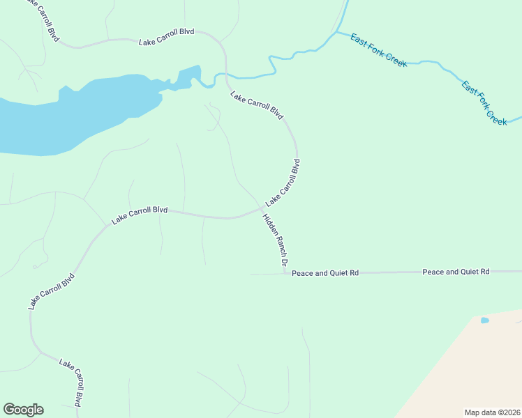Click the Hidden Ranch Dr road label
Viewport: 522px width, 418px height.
coord(275,240)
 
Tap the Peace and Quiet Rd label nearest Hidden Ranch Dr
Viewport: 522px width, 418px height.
coord(325,273)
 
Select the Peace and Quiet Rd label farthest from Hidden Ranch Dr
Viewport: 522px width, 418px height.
coord(456,271)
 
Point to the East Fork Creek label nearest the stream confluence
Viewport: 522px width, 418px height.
coord(378,50)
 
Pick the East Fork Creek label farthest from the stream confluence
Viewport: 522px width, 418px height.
coord(484,102)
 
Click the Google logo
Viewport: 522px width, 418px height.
coord(23,410)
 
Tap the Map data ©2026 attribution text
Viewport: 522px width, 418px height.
coord(491,412)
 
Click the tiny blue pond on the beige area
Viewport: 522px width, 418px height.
coord(485,320)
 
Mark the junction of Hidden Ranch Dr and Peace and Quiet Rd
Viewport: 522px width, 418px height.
coord(288,273)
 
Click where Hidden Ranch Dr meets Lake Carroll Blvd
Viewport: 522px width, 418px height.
coord(262,208)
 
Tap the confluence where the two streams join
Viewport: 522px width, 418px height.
coord(336,32)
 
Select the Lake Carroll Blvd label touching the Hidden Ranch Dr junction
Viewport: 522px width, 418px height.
coord(283,183)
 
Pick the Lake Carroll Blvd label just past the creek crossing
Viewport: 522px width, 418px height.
coord(257,105)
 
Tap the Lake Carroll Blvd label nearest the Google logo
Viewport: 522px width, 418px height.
coord(72,382)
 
